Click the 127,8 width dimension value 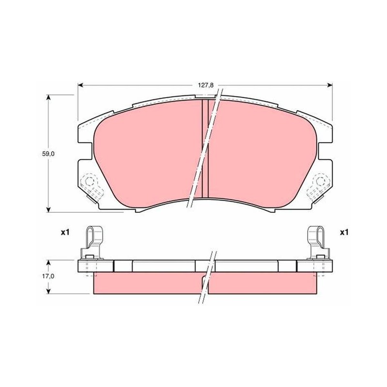pos(206,85)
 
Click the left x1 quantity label pos(65,232)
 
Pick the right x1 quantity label pos(344,232)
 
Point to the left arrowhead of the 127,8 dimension pos(80,85)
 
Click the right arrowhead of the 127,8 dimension pos(330,85)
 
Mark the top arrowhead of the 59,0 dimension pos(49,97)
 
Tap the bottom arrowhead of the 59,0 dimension pos(49,209)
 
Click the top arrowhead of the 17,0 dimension pos(49,262)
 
